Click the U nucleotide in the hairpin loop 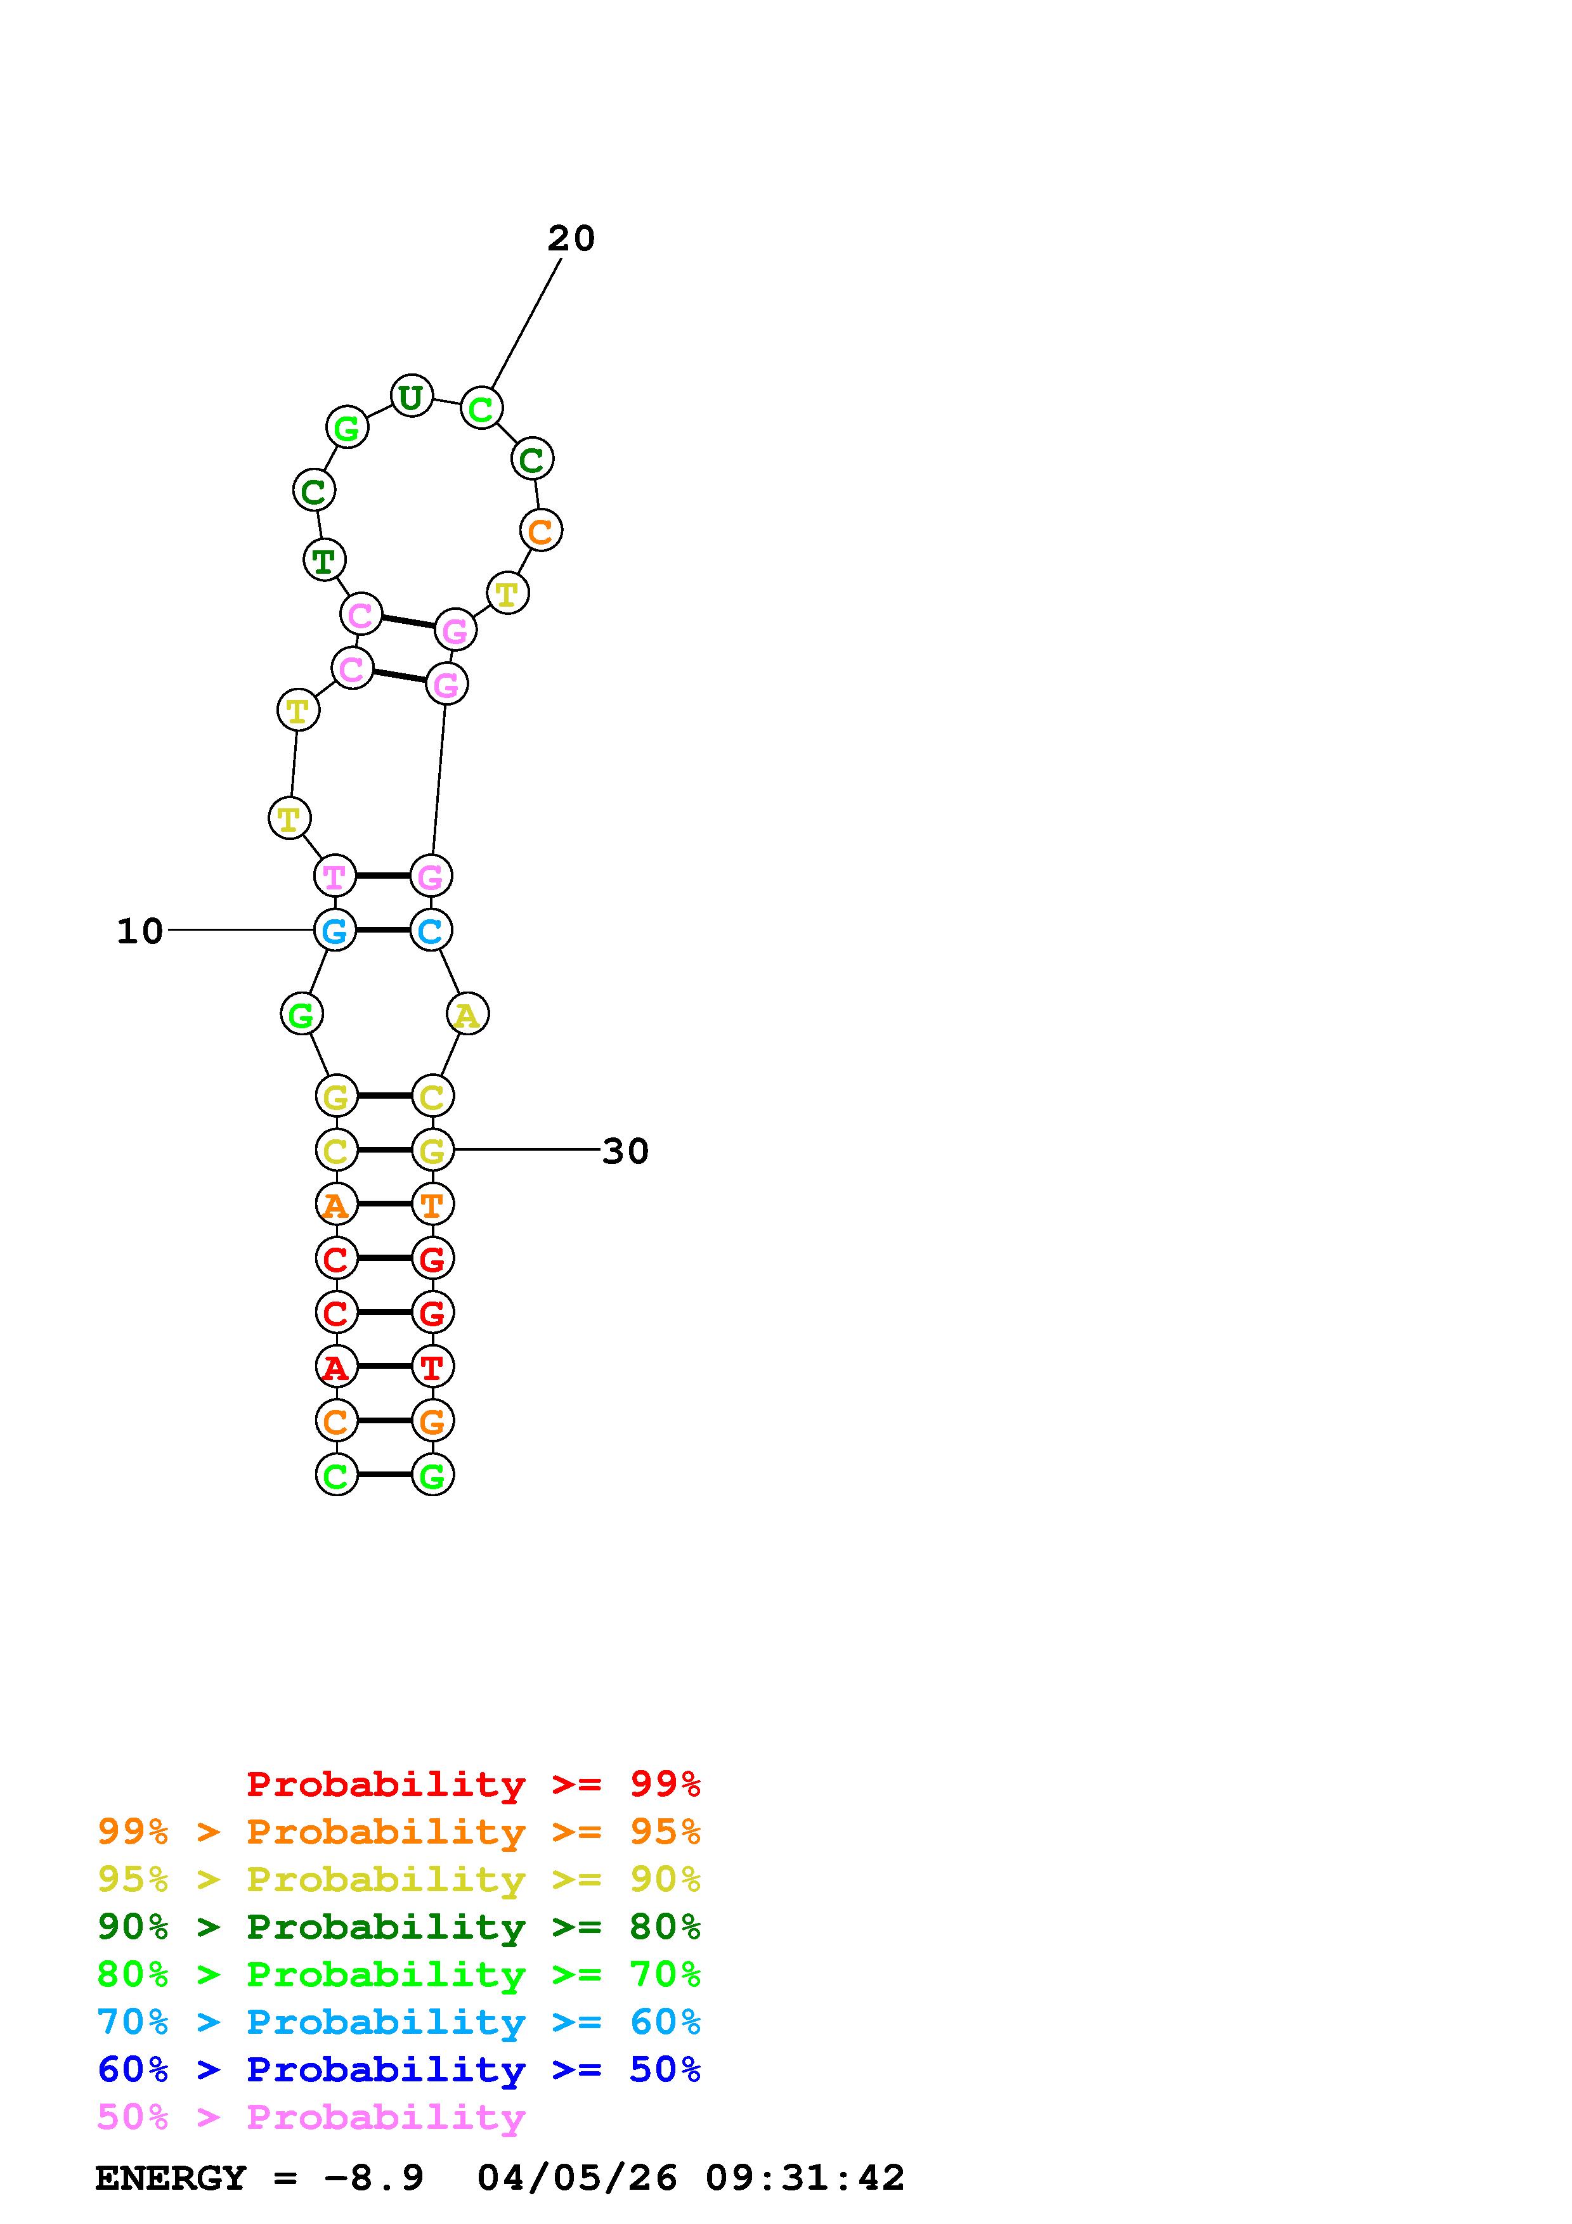click(411, 395)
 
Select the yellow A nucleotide click(467, 1014)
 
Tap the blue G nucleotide click(335, 930)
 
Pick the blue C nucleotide click(431, 930)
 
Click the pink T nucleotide click(335, 876)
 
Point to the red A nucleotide click(336, 1367)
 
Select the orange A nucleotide click(336, 1204)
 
